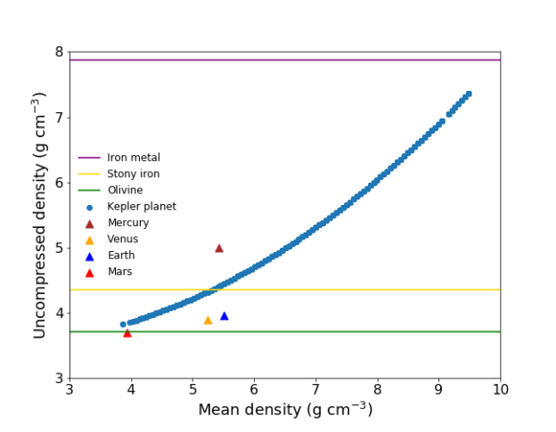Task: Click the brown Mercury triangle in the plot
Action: click(219, 249)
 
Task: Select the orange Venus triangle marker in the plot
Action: click(208, 320)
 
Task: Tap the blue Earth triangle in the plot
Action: click(225, 315)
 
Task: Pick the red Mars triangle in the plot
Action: click(127, 333)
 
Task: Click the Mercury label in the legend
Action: click(128, 223)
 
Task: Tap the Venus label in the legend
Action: click(123, 239)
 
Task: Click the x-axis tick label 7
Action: click(316, 390)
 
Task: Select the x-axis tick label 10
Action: click(500, 390)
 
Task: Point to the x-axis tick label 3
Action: click(70, 390)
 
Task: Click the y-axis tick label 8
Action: click(58, 53)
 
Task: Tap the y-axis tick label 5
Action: click(58, 249)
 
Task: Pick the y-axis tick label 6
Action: click(58, 183)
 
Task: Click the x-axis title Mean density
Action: click(285, 411)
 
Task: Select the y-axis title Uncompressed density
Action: click(40, 215)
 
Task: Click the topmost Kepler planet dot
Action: click(469, 94)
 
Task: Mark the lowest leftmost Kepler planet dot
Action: click(123, 324)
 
